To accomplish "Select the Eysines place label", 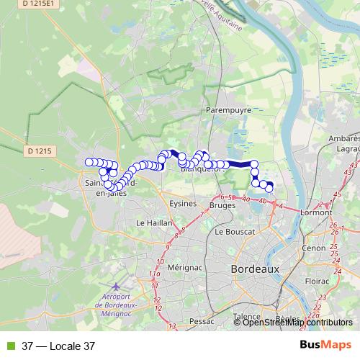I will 182,204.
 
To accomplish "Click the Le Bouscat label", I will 231,233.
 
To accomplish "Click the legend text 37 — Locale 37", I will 58,346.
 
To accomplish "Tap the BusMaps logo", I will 325,345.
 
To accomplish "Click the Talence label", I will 247,316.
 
